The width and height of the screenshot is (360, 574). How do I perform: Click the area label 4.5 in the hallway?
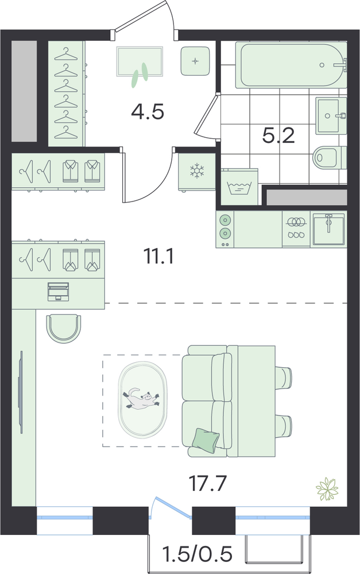point(147,112)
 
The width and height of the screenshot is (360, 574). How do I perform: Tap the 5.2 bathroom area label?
point(278,136)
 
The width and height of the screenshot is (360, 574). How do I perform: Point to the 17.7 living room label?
point(208,483)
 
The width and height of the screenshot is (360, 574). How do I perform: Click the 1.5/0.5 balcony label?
point(198,554)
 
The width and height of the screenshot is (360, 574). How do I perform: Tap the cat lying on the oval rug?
point(142,399)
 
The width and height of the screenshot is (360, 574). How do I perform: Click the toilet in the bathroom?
point(330,157)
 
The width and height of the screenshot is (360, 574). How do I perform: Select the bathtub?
point(291,65)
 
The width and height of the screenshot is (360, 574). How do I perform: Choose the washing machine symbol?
point(239,188)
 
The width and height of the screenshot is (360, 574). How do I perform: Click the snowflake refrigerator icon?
point(197,171)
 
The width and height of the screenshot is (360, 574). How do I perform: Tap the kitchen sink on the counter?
point(328,229)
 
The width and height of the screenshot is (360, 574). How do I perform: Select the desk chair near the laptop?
point(64,328)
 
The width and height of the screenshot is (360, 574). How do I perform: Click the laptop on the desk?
point(58,292)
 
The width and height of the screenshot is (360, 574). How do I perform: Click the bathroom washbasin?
point(331,115)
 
